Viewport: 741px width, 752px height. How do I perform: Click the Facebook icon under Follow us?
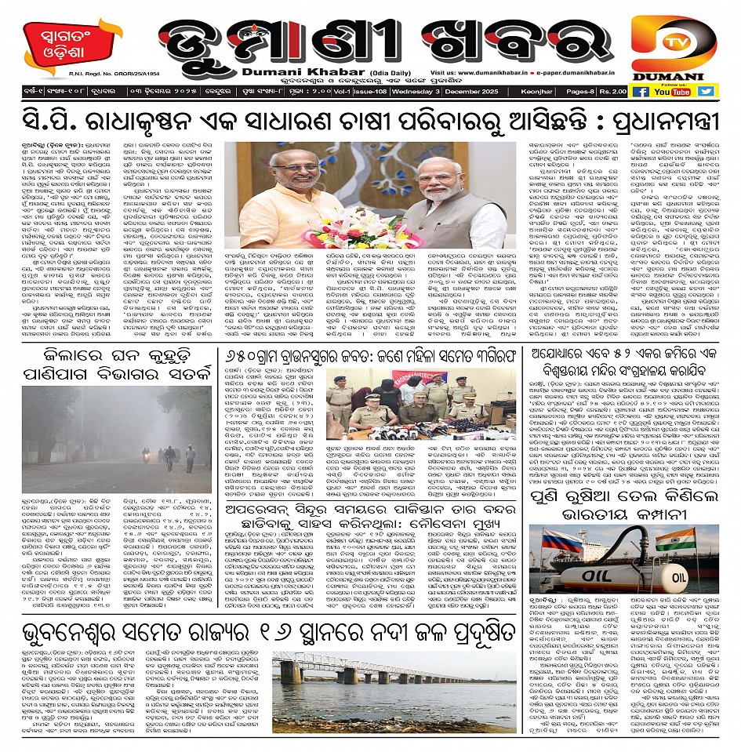pyautogui.click(x=640, y=92)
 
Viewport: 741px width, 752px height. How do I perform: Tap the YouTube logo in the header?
pyautogui.click(x=673, y=92)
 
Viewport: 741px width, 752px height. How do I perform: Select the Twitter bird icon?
pyautogui.click(x=706, y=91)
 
